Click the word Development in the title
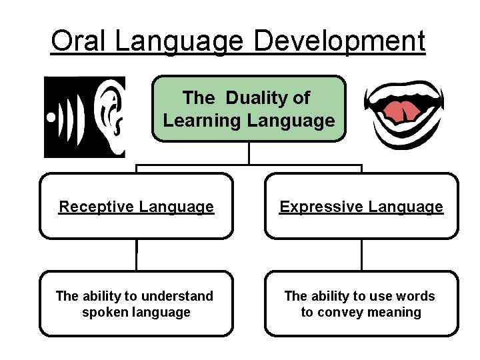(x=339, y=41)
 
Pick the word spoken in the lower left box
(x=104, y=312)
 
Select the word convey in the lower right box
(x=342, y=312)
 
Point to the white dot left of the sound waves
(x=51, y=117)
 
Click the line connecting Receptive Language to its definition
(x=137, y=255)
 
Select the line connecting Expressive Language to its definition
(x=362, y=255)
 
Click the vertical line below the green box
(x=249, y=153)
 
